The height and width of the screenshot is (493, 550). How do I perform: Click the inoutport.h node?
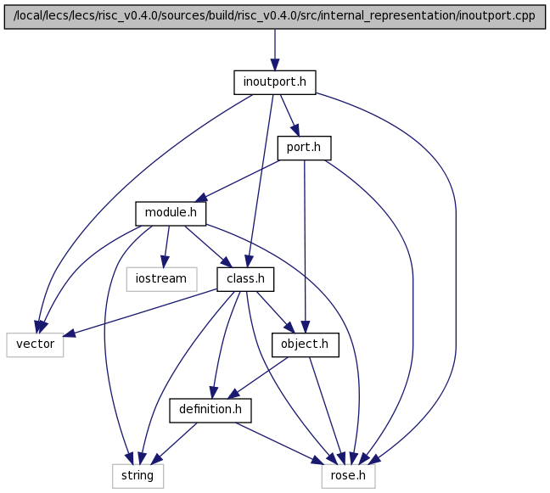(275, 82)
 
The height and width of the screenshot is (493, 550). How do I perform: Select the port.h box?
(304, 148)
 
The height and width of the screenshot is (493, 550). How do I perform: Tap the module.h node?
(171, 214)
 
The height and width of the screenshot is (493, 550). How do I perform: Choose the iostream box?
(162, 279)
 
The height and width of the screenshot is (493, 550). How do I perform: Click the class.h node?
(245, 279)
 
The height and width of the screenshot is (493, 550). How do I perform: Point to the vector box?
(35, 345)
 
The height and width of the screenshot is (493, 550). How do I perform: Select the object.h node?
(306, 345)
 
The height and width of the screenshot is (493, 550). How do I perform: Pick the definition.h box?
(210, 410)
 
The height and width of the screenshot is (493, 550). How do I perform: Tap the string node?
(137, 476)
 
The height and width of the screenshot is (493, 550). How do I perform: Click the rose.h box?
(348, 476)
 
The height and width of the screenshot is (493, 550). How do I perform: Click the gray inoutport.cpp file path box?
(275, 17)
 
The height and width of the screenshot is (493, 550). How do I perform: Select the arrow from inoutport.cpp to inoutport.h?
(275, 50)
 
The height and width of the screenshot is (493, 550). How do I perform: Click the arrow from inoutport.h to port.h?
(289, 115)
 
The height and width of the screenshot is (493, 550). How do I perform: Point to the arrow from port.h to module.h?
(238, 181)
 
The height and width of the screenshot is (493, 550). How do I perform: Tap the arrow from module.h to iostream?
(166, 246)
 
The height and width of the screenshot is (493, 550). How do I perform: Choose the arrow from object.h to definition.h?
(258, 378)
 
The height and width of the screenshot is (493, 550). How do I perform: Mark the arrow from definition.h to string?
(175, 443)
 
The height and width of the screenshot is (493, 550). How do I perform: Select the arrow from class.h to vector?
(140, 312)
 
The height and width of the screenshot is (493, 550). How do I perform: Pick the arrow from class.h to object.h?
(276, 312)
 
